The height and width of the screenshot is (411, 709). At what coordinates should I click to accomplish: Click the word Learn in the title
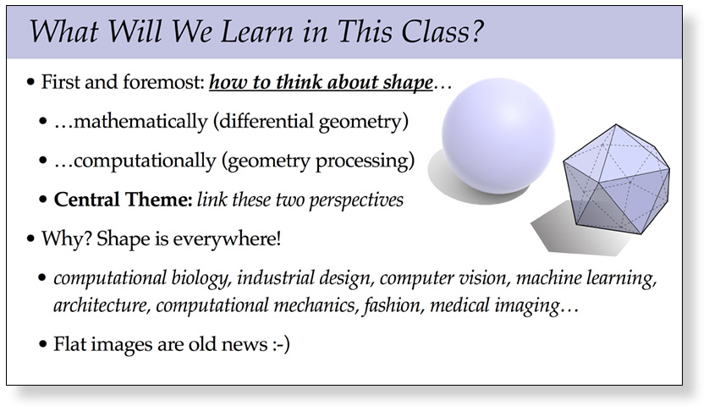[256, 31]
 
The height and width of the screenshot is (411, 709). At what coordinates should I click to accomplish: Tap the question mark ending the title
[476, 31]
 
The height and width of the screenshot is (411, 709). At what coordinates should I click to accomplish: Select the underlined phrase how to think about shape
[321, 82]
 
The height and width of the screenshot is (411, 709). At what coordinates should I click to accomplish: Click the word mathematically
[140, 122]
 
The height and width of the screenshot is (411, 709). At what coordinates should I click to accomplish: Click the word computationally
[145, 161]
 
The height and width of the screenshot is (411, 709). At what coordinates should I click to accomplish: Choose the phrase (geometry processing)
[318, 161]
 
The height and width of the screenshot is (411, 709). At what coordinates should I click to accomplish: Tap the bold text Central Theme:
[124, 200]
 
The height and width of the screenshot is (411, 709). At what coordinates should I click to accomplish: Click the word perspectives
[356, 200]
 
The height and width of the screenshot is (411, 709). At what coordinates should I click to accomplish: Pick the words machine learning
[586, 278]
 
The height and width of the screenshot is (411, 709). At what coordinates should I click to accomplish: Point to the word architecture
[102, 304]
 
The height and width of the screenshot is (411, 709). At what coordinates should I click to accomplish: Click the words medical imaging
[495, 306]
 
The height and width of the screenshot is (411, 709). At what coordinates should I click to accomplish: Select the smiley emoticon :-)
[281, 344]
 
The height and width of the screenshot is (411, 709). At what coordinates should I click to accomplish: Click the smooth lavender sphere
[498, 136]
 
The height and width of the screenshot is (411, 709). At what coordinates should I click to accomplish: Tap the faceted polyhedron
[616, 178]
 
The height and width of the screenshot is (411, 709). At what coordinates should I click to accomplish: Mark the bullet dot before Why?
[30, 238]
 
